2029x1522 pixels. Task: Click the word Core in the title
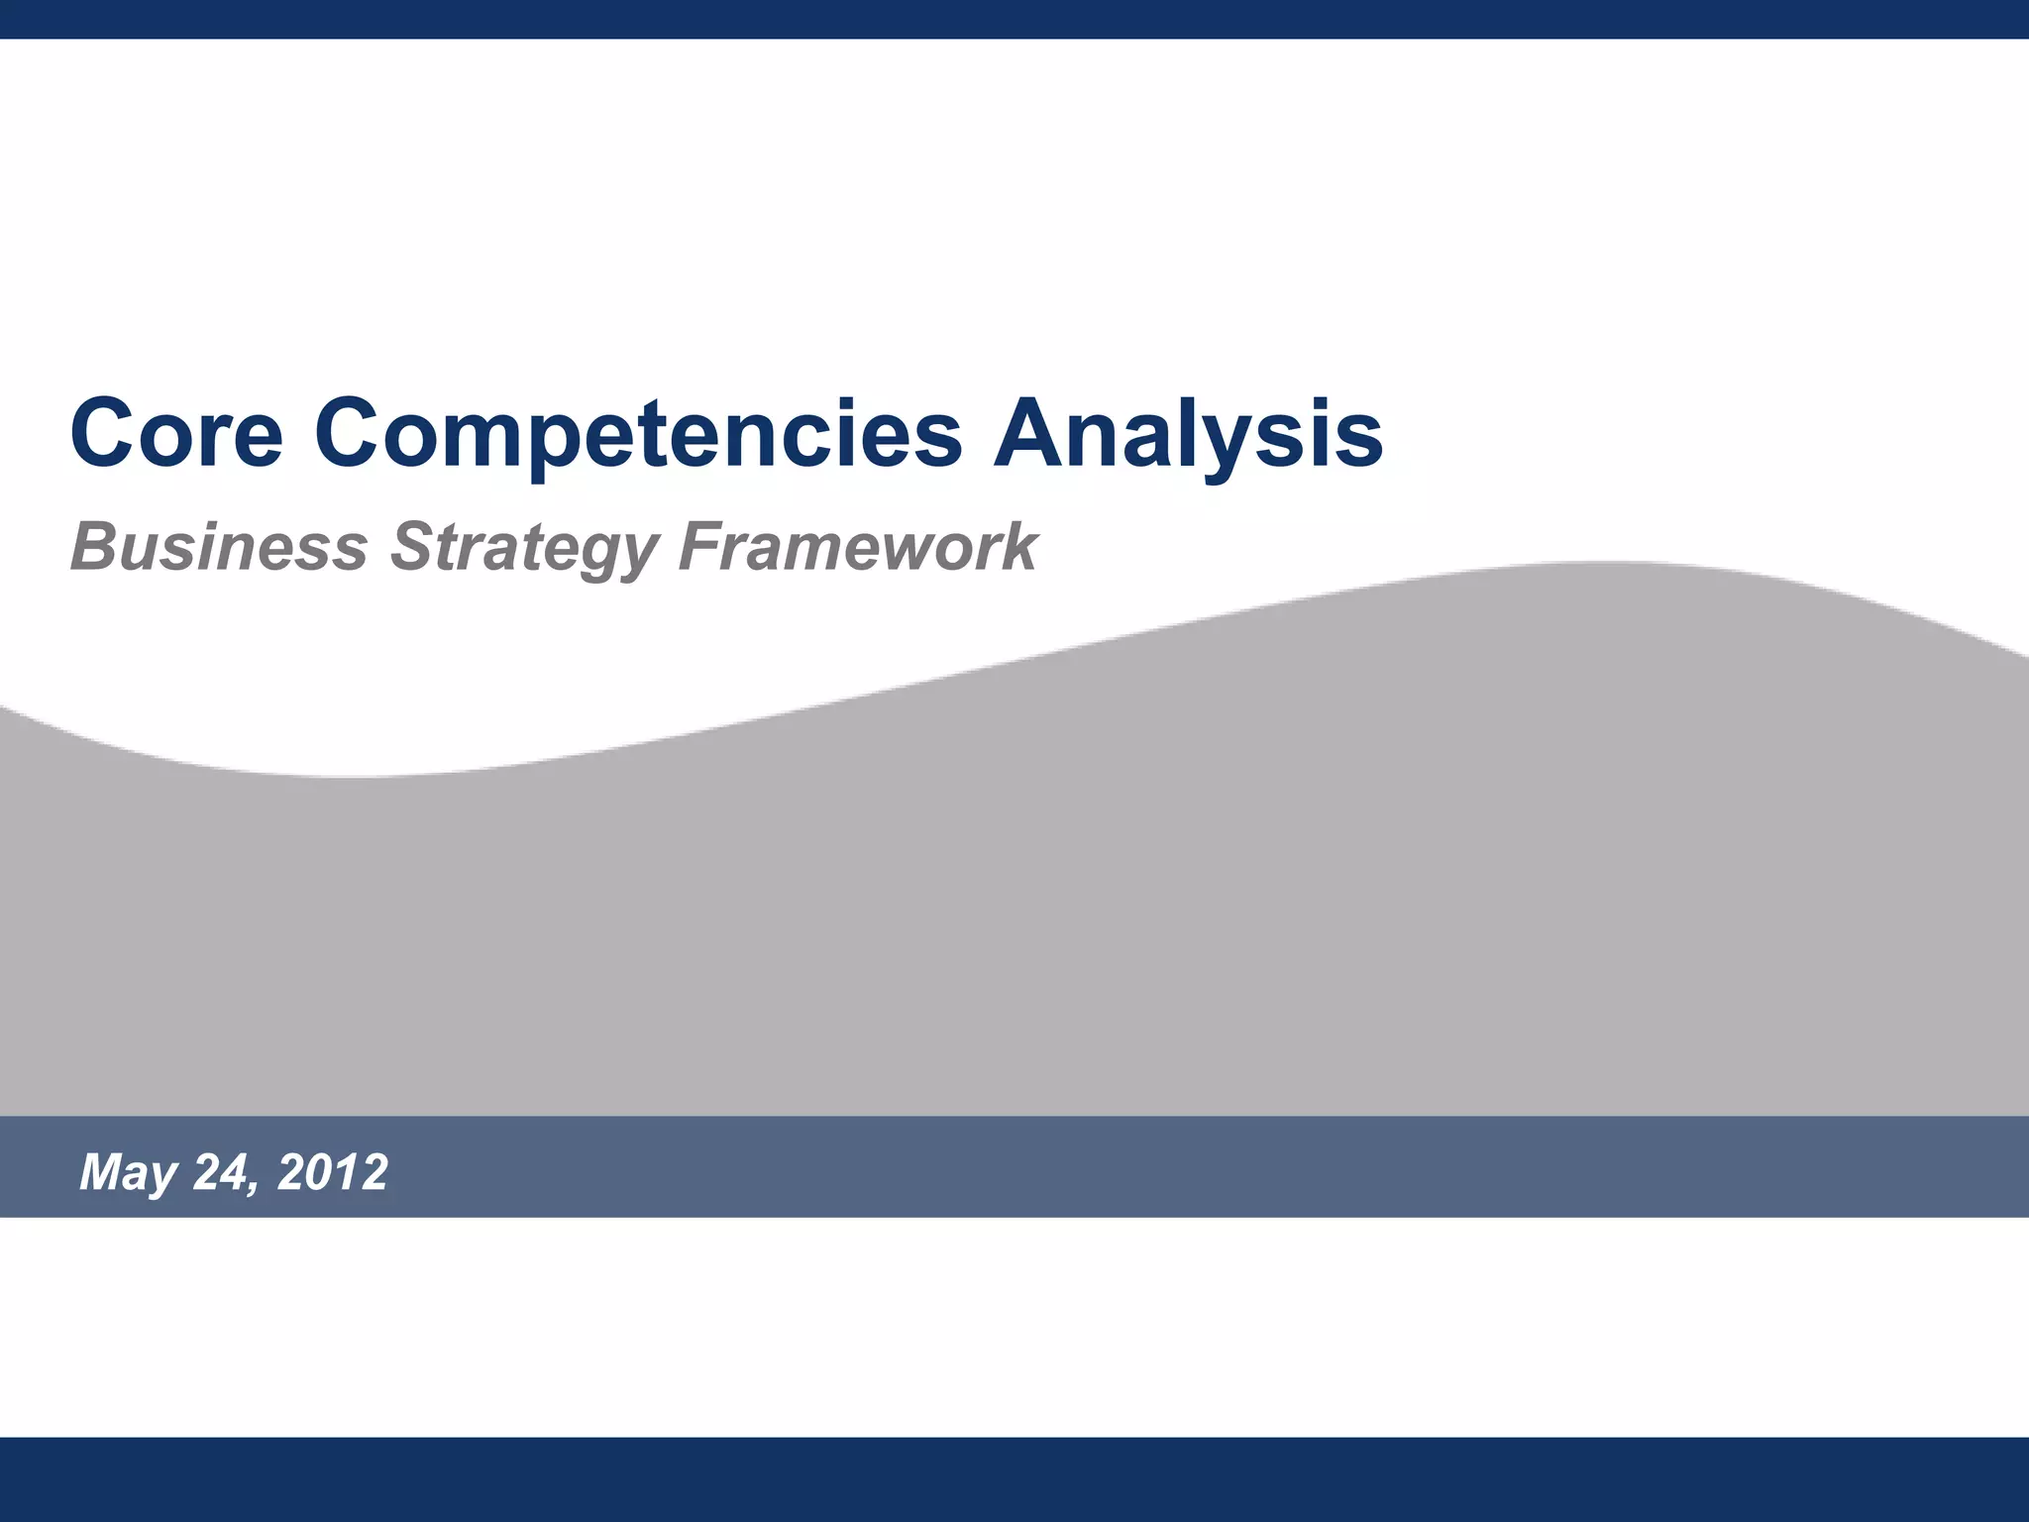pyautogui.click(x=176, y=433)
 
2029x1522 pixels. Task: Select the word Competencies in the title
pyautogui.click(x=638, y=433)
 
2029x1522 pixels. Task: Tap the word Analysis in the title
pyautogui.click(x=1188, y=433)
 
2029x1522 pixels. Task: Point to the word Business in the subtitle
pyautogui.click(x=219, y=547)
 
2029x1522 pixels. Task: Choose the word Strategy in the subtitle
pyautogui.click(x=524, y=547)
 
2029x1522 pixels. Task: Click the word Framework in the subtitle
pyautogui.click(x=858, y=547)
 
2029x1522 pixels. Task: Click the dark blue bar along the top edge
pyautogui.click(x=1014, y=19)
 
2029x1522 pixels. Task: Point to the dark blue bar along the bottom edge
pyautogui.click(x=1014, y=1478)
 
